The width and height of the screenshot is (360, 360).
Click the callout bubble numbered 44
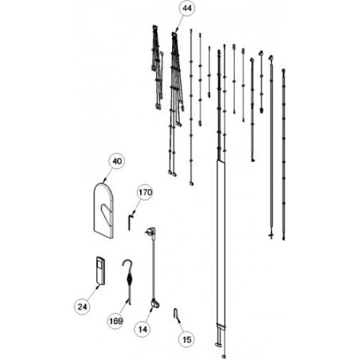(x=186, y=9)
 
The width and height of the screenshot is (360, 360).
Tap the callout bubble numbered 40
(x=117, y=162)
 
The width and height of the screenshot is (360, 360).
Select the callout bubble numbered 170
(x=145, y=192)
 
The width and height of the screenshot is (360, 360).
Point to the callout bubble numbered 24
(x=82, y=307)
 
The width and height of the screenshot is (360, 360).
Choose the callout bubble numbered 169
(x=116, y=321)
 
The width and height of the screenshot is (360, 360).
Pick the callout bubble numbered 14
(x=143, y=330)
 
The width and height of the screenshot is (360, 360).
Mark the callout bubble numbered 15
(x=187, y=339)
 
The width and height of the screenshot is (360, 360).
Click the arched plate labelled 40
(x=104, y=210)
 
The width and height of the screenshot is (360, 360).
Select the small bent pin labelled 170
(x=129, y=222)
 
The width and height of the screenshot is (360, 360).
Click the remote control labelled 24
(x=100, y=271)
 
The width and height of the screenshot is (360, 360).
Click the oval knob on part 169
(x=128, y=279)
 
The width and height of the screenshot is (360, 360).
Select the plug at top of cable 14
(x=151, y=231)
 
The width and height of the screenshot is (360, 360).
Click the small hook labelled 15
(x=176, y=313)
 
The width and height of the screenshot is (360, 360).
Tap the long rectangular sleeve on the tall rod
(x=221, y=242)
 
